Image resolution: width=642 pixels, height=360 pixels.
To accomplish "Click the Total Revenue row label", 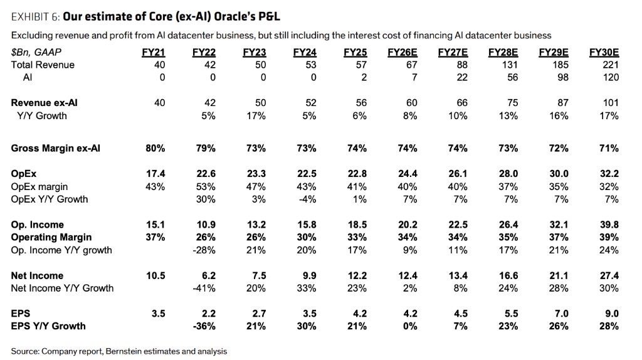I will click(43, 65).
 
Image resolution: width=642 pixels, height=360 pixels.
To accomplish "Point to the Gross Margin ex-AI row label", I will click(55, 149).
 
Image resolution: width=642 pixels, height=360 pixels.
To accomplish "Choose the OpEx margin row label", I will click(39, 187).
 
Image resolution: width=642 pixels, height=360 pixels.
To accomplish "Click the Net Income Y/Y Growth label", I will click(62, 288).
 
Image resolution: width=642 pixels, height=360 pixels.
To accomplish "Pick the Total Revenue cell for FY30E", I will click(611, 65).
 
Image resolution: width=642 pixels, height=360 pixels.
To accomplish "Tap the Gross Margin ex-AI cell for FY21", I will click(155, 149).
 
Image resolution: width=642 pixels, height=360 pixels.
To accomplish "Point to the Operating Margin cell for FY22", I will click(206, 237).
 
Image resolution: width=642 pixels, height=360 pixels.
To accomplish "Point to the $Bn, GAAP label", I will click(36, 53).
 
